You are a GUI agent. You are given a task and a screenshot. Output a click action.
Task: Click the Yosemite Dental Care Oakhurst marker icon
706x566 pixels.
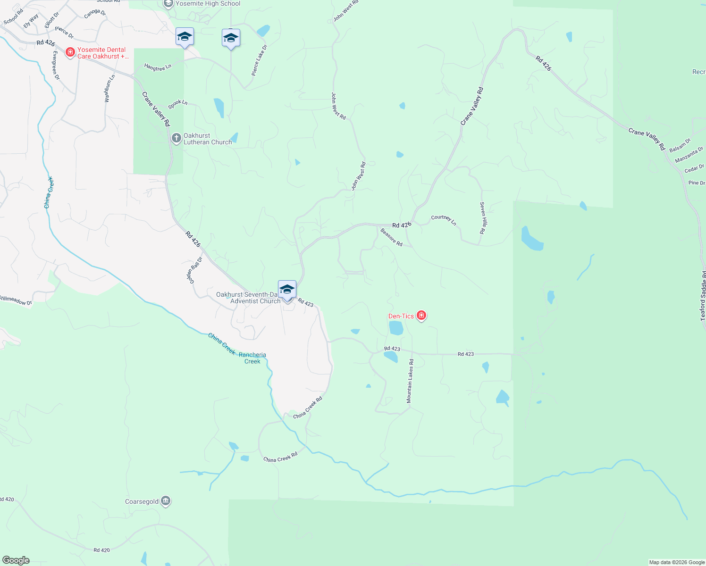[x=70, y=52]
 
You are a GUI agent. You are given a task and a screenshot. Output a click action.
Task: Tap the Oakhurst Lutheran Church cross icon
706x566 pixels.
[x=176, y=138]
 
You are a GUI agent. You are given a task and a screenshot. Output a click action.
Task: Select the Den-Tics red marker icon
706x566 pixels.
[x=421, y=316]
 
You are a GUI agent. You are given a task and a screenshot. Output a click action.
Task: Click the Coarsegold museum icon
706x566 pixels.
[x=166, y=501]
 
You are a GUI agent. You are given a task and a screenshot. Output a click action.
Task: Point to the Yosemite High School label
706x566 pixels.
[x=208, y=4]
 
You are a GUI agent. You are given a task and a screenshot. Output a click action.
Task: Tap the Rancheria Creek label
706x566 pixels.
[x=252, y=358]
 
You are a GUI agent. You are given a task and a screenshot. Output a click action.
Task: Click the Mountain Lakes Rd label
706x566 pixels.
[x=410, y=381]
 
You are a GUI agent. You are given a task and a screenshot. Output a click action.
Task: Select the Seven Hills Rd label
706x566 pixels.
[x=482, y=218]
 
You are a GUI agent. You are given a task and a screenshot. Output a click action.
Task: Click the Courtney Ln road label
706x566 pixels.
[x=444, y=220]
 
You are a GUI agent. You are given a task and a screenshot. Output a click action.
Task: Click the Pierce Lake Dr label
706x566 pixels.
[x=259, y=60]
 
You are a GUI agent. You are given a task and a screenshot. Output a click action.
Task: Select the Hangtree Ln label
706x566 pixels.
[x=158, y=67]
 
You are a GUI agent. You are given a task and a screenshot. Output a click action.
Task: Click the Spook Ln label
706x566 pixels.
[x=178, y=104]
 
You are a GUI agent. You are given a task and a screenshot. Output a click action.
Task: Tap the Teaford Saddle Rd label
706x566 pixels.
[x=703, y=296]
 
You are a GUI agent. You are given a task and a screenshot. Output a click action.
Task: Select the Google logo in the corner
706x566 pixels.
[x=16, y=560]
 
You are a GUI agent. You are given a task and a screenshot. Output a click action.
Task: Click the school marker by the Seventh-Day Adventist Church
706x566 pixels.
[x=287, y=290]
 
